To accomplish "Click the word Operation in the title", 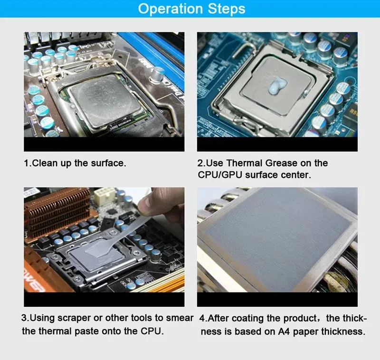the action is [x=170, y=9].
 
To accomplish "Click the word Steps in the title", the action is [x=227, y=9].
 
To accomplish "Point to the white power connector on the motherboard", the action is [x=104, y=196].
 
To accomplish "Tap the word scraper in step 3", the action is [x=74, y=318].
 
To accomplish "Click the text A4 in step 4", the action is [x=284, y=332].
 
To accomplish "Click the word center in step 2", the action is [x=295, y=175].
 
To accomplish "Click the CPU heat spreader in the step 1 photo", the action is [x=104, y=102].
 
